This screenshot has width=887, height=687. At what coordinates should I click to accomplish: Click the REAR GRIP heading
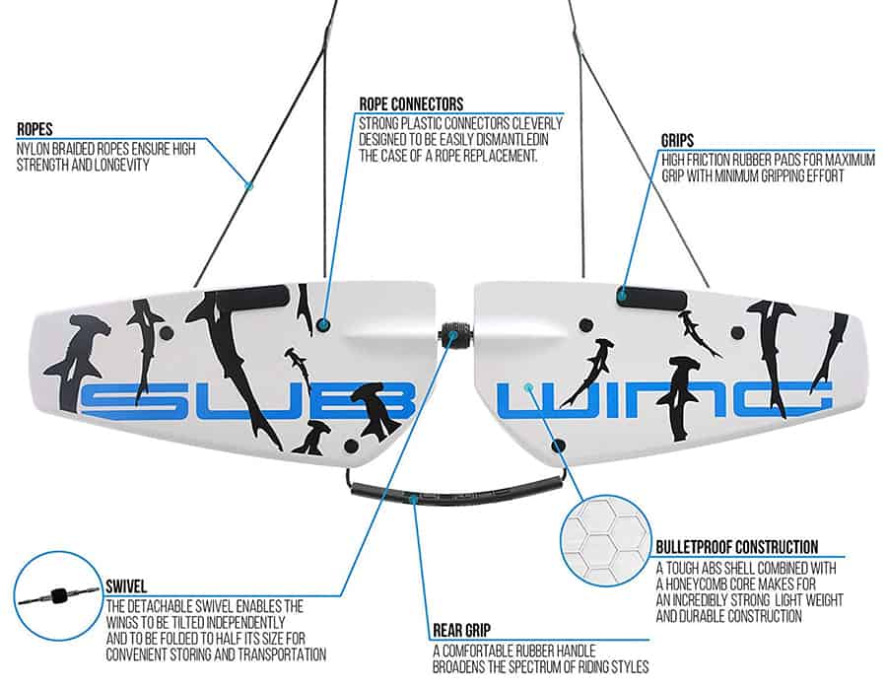pos(464,630)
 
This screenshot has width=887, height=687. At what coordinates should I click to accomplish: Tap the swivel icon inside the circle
pos(57,596)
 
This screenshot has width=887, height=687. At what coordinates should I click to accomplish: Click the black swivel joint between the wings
pos(455,335)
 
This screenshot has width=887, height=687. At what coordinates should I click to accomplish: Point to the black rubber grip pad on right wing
pos(650,294)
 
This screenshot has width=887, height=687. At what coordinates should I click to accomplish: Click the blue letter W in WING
pos(538,400)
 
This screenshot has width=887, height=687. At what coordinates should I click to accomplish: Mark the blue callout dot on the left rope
pos(249,185)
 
